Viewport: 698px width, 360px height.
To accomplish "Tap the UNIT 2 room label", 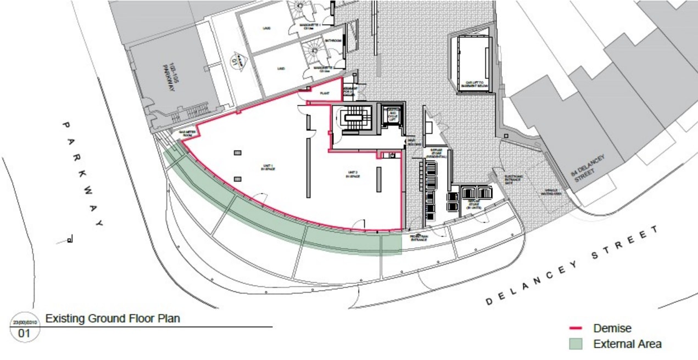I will pyautogui.click(x=351, y=174).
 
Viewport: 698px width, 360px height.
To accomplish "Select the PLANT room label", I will pyautogui.click(x=324, y=94).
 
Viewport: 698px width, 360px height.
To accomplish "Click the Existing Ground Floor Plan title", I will pyautogui.click(x=113, y=318).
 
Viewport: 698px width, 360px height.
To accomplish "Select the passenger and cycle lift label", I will pyautogui.click(x=391, y=116).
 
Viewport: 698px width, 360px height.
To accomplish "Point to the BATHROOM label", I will pyautogui.click(x=333, y=41).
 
